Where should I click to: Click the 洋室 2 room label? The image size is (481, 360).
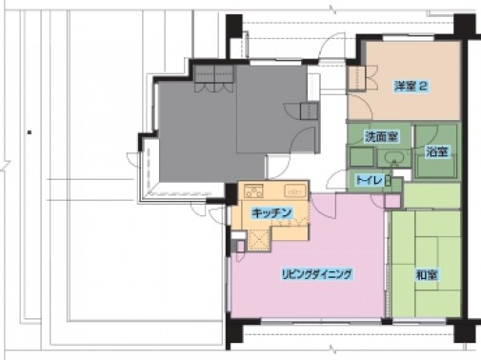point(411,86)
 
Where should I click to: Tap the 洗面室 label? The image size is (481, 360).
point(381,137)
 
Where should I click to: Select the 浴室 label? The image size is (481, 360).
point(437,151)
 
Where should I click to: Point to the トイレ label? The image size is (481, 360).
point(369,180)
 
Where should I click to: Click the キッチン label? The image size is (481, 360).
point(271,212)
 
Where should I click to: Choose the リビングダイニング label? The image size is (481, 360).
point(317,273)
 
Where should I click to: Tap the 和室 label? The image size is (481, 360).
point(427,275)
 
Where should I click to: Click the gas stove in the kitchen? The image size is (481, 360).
point(253,191)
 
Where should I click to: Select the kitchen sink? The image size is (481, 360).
point(295,190)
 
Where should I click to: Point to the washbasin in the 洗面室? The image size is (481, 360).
point(394,158)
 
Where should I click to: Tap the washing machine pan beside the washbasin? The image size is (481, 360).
point(361,157)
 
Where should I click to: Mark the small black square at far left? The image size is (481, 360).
point(30,132)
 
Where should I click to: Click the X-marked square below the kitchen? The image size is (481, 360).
point(259,240)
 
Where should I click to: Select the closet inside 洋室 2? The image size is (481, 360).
point(356,78)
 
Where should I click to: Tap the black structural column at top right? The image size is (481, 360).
point(464,26)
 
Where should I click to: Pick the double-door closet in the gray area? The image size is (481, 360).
point(214,78)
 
